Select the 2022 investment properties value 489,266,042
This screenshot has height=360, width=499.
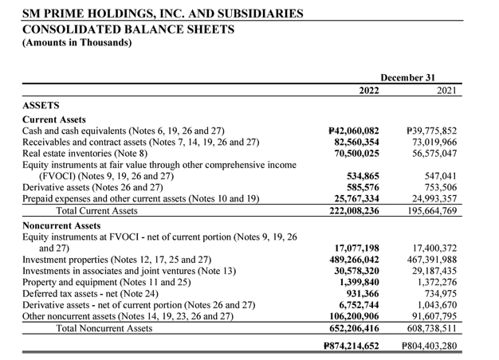tap(352, 260)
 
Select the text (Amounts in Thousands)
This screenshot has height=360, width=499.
tap(77, 43)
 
